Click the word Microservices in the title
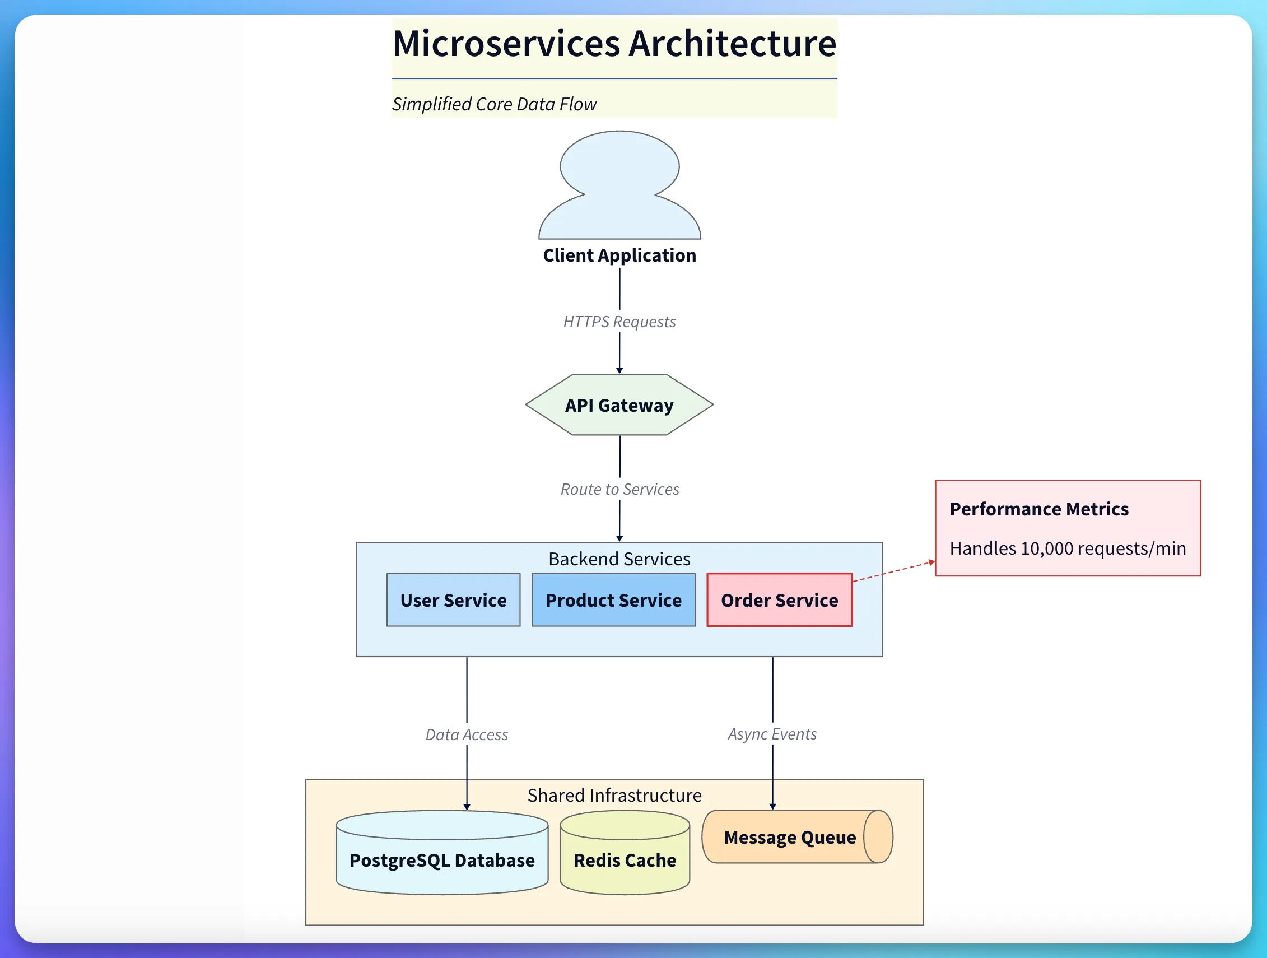506,44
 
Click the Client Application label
619,255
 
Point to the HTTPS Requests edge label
619,322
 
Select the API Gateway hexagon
619,405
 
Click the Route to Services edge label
619,489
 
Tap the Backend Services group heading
619,559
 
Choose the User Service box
453,600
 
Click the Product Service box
613,600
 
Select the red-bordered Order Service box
779,600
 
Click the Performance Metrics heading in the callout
1038,509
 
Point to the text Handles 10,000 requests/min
1067,548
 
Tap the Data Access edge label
466,734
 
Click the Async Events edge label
771,734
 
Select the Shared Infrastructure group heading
614,796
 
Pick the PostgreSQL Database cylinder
441,860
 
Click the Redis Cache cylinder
625,860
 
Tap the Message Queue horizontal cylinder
790,837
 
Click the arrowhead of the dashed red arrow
931,562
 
